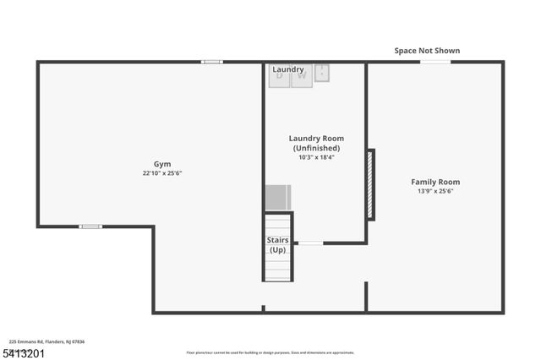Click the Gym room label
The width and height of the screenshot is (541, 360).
click(161, 164)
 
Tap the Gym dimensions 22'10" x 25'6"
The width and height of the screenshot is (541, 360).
click(161, 173)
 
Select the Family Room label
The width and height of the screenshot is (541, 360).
click(435, 182)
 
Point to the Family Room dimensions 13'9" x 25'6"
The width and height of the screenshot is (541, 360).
click(435, 191)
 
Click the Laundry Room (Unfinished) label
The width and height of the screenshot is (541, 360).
click(316, 143)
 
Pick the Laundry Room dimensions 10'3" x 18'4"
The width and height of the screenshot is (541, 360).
click(316, 157)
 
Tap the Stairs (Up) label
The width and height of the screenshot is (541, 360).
click(277, 245)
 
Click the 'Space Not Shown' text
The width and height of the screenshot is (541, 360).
click(427, 51)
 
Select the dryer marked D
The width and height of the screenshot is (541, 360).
click(280, 75)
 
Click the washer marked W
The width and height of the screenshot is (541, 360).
click(302, 75)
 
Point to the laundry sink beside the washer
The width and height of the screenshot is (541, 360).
click(322, 74)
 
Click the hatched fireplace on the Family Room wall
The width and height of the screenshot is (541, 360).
click(370, 184)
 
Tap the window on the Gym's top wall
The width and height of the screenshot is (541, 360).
click(212, 62)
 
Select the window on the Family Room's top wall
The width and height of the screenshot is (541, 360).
click(435, 62)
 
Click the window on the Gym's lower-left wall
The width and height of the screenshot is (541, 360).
click(90, 226)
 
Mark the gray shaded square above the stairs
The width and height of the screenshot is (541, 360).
click(278, 197)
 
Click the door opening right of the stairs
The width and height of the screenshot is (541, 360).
click(310, 243)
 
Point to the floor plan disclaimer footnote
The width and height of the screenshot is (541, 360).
click(270, 352)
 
